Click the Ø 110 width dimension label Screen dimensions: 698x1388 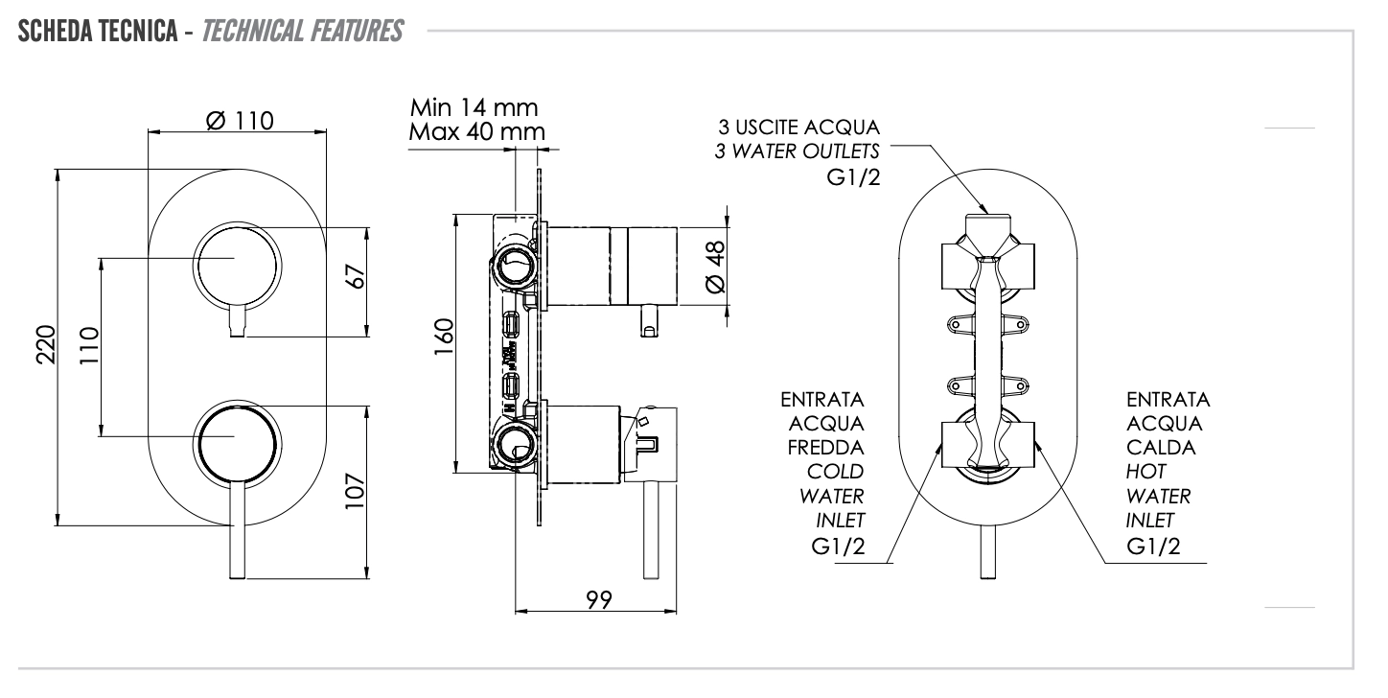point(240,122)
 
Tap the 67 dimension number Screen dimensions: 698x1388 point(356,277)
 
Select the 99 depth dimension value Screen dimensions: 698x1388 point(599,600)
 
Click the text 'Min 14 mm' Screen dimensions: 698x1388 point(474,105)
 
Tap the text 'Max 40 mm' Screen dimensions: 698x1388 point(476,130)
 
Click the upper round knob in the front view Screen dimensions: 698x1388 point(237,264)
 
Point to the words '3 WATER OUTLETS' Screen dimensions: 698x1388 point(798,151)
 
